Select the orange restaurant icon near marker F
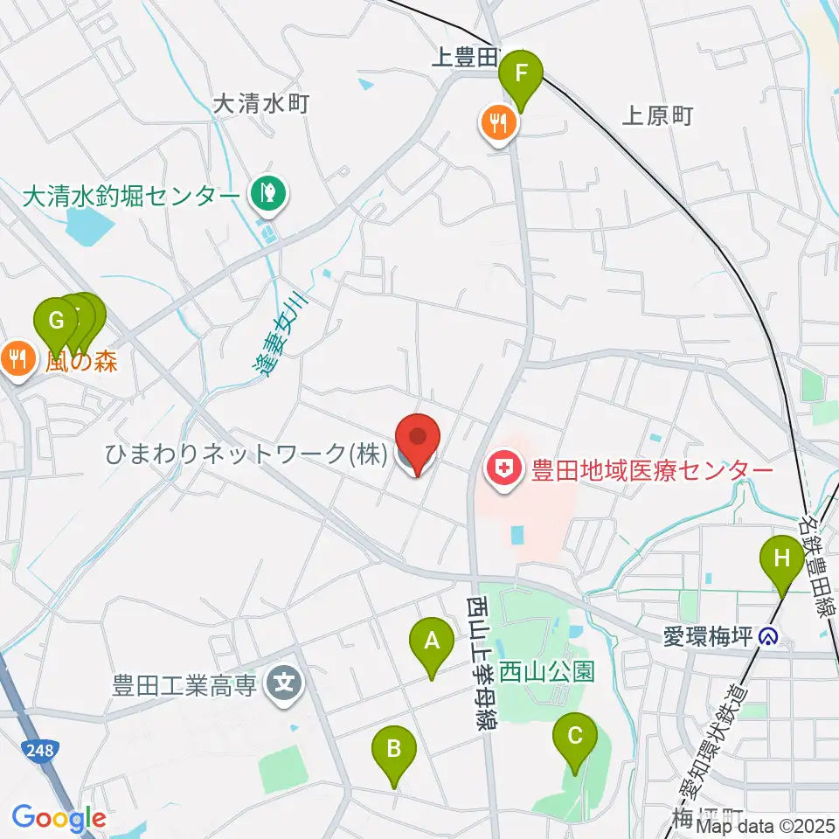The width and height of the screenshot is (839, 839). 497,123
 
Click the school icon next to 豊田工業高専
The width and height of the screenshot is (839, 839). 284,683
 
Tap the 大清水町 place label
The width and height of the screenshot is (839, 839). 262,104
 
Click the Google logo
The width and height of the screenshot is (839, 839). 59,818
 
